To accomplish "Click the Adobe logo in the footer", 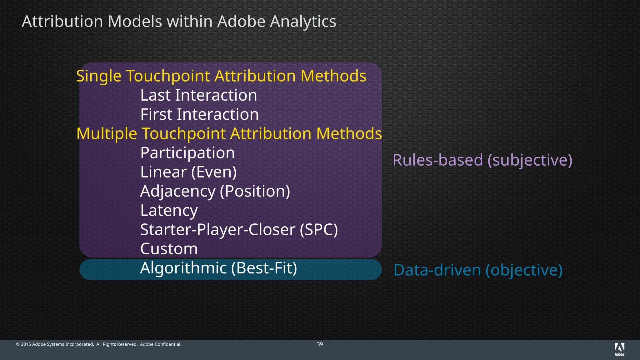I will (619, 349).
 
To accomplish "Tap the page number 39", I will (320, 344).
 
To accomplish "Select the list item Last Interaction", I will (198, 95).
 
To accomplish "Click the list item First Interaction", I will (199, 114).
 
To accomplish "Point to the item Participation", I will (187, 153).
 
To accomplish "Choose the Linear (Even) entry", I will (188, 172).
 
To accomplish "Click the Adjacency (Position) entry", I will (215, 191).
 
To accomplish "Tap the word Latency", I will (169, 210).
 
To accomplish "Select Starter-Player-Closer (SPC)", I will (239, 230).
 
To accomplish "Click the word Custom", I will (169, 249).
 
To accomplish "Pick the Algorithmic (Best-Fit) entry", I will (218, 268).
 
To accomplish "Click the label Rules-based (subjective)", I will (482, 160).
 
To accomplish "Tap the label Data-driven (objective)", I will (478, 270).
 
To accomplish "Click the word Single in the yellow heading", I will (99, 76).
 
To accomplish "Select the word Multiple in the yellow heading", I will (107, 134).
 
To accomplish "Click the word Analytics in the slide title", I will (303, 22).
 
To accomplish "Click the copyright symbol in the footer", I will (18, 344).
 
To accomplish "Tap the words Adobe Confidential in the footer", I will (161, 344).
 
